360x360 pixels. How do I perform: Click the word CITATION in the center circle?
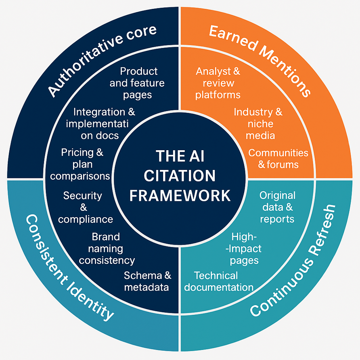180,176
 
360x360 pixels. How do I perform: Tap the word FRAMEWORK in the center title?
180,195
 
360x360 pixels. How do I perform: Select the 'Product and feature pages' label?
139,83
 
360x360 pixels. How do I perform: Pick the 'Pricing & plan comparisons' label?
80,164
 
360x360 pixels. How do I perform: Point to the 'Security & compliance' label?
85,207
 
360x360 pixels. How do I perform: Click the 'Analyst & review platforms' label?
218,83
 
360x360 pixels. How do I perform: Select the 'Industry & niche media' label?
258,123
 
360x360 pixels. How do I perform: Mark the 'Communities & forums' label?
278,159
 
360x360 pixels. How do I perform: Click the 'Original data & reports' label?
277,207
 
